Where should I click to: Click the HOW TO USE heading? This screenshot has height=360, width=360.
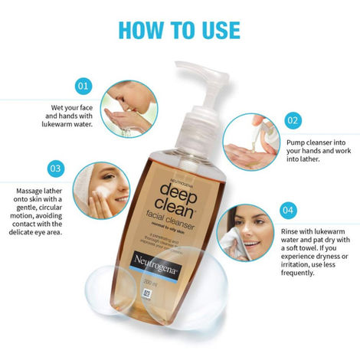(179, 29)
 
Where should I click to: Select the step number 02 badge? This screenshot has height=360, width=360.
(292, 120)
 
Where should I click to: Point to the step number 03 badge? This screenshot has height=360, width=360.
(55, 167)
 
